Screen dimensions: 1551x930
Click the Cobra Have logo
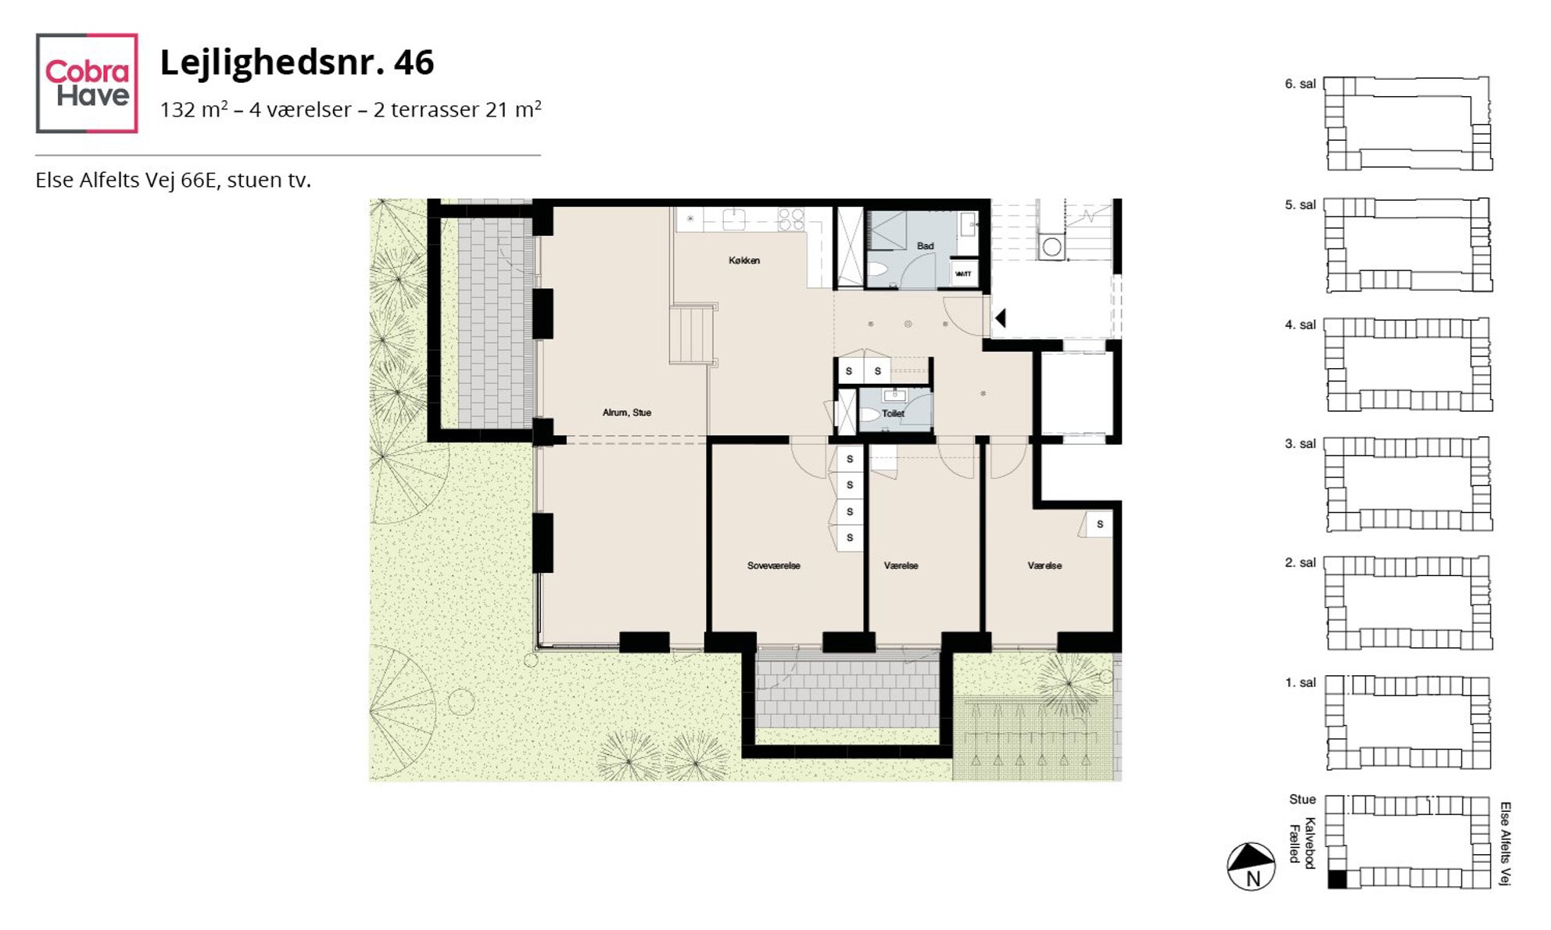point(87,83)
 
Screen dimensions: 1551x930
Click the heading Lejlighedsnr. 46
point(296,63)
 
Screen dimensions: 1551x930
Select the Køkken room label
point(744,260)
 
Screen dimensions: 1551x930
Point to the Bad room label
point(926,245)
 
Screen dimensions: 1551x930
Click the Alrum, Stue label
point(627,412)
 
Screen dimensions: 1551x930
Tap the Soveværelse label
point(774,565)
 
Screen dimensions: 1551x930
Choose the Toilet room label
point(893,413)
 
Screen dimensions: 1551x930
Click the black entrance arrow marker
point(1000,318)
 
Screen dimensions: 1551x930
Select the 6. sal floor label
point(1300,84)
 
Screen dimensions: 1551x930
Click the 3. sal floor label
point(1300,443)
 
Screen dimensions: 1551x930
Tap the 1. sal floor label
point(1300,682)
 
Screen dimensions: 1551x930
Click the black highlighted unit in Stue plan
point(1338,879)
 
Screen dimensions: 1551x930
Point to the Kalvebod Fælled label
point(1303,843)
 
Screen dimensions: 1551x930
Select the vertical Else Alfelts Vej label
point(1505,844)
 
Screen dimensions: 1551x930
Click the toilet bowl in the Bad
point(878,270)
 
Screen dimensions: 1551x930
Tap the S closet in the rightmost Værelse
point(1099,524)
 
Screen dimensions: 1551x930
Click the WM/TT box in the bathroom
point(963,274)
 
